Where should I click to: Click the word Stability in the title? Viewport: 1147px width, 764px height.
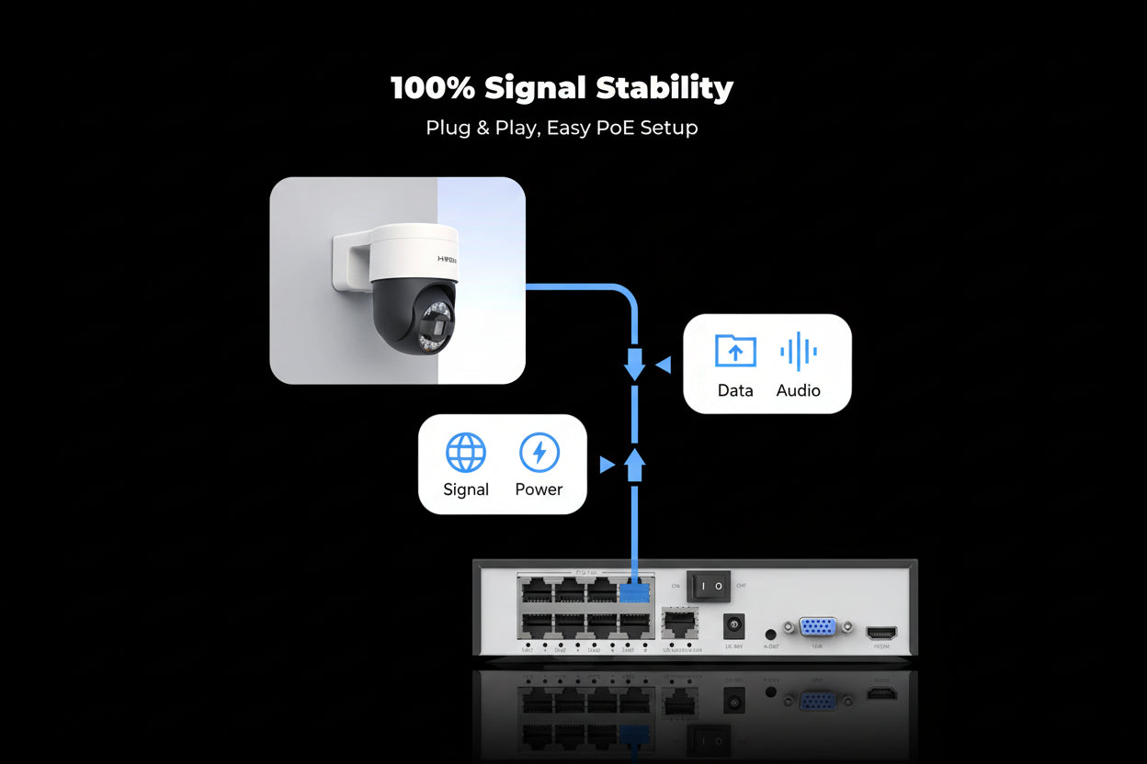664,88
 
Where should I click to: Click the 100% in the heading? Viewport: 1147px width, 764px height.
432,88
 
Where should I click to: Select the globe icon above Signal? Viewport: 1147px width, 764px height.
466,453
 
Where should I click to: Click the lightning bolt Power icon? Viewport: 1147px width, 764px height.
539,453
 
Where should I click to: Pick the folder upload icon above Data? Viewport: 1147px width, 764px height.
735,352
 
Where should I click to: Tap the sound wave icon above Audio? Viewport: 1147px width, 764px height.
798,352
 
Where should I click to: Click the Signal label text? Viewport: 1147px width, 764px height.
466,489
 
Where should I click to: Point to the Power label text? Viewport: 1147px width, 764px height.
539,489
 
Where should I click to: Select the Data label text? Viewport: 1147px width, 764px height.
735,390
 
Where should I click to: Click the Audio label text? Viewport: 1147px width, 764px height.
798,390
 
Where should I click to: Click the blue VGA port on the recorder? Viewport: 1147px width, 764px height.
817,627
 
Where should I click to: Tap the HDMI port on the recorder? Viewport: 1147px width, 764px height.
881,633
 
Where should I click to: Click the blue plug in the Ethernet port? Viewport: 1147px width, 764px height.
634,590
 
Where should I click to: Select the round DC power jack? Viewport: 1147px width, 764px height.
734,626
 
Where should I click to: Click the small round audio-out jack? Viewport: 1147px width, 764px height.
770,634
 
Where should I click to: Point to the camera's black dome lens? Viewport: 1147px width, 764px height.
414,319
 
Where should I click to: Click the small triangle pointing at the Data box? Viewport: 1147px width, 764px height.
663,365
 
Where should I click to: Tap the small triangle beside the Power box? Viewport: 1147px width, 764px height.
607,465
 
